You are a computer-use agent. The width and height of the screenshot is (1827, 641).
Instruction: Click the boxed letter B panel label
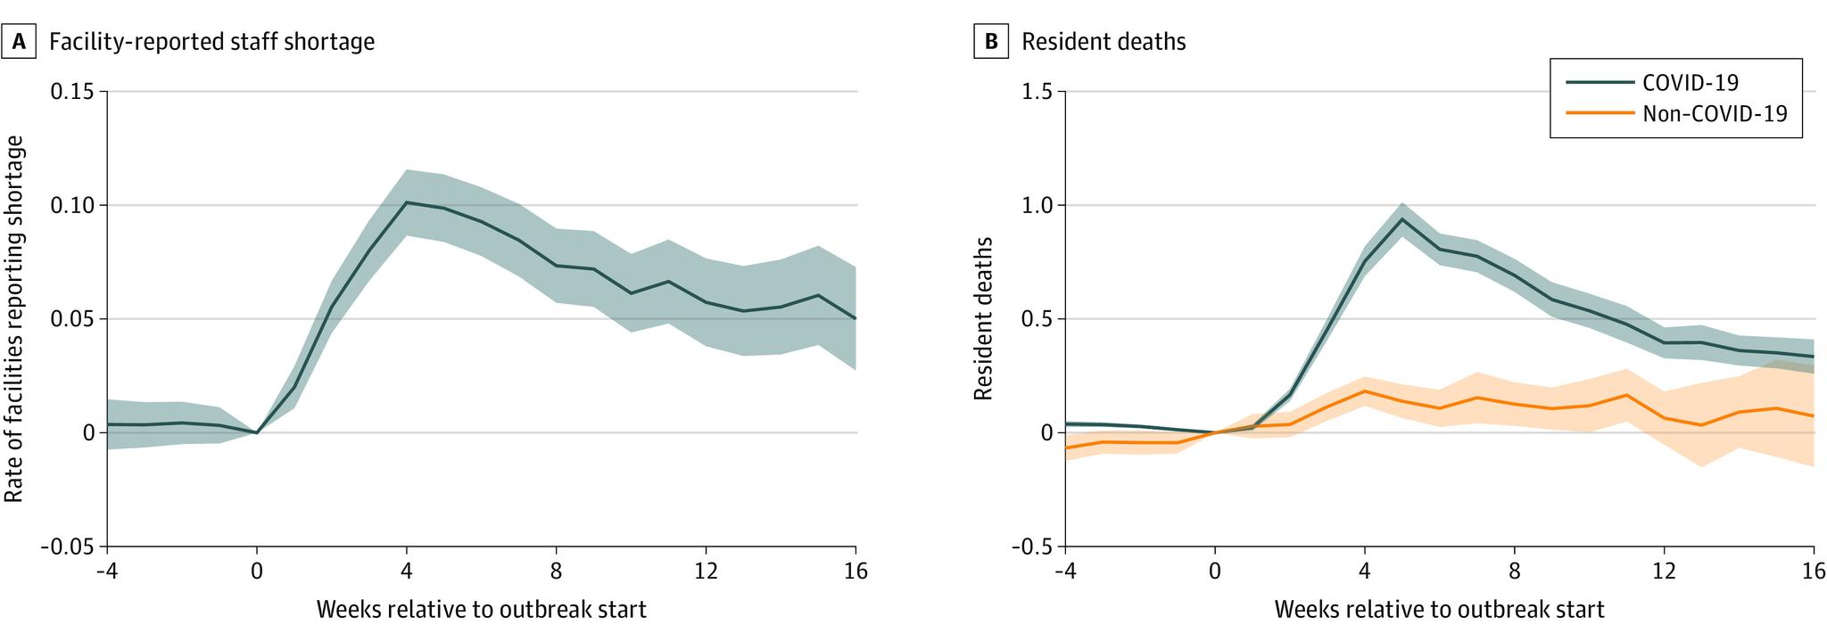[990, 42]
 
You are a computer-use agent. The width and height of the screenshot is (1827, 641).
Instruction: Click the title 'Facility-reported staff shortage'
[211, 42]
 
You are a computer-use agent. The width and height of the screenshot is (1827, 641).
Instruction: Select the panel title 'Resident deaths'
[1104, 42]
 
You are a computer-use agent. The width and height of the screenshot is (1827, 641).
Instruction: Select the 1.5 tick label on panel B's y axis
[1036, 92]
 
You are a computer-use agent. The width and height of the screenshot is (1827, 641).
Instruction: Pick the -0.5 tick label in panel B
[1031, 546]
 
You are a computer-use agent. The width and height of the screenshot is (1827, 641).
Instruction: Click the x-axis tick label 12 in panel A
[706, 571]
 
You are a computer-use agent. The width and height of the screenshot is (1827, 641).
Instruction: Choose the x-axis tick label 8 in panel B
[1514, 571]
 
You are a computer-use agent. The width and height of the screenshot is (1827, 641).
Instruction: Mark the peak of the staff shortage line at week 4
[407, 202]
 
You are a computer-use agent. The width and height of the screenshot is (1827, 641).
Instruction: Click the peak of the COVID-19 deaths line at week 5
[1401, 219]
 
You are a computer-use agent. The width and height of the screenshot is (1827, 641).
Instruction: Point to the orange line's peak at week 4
[1364, 391]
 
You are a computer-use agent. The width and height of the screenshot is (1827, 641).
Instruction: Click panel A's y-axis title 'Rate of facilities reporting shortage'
[14, 318]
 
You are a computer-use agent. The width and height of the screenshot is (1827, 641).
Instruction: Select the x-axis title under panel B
[1439, 610]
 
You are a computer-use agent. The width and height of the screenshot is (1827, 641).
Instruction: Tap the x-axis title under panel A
[481, 610]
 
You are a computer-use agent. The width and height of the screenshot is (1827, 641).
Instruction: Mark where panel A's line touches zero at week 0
[257, 432]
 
